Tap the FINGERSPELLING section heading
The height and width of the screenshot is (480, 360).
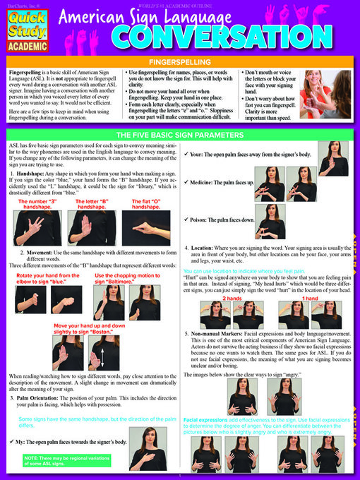[180, 62]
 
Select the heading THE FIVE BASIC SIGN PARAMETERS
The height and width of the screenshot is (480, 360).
[180, 134]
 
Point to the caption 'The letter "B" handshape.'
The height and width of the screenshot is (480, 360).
[92, 204]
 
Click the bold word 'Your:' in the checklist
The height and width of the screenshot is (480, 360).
[198, 153]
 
